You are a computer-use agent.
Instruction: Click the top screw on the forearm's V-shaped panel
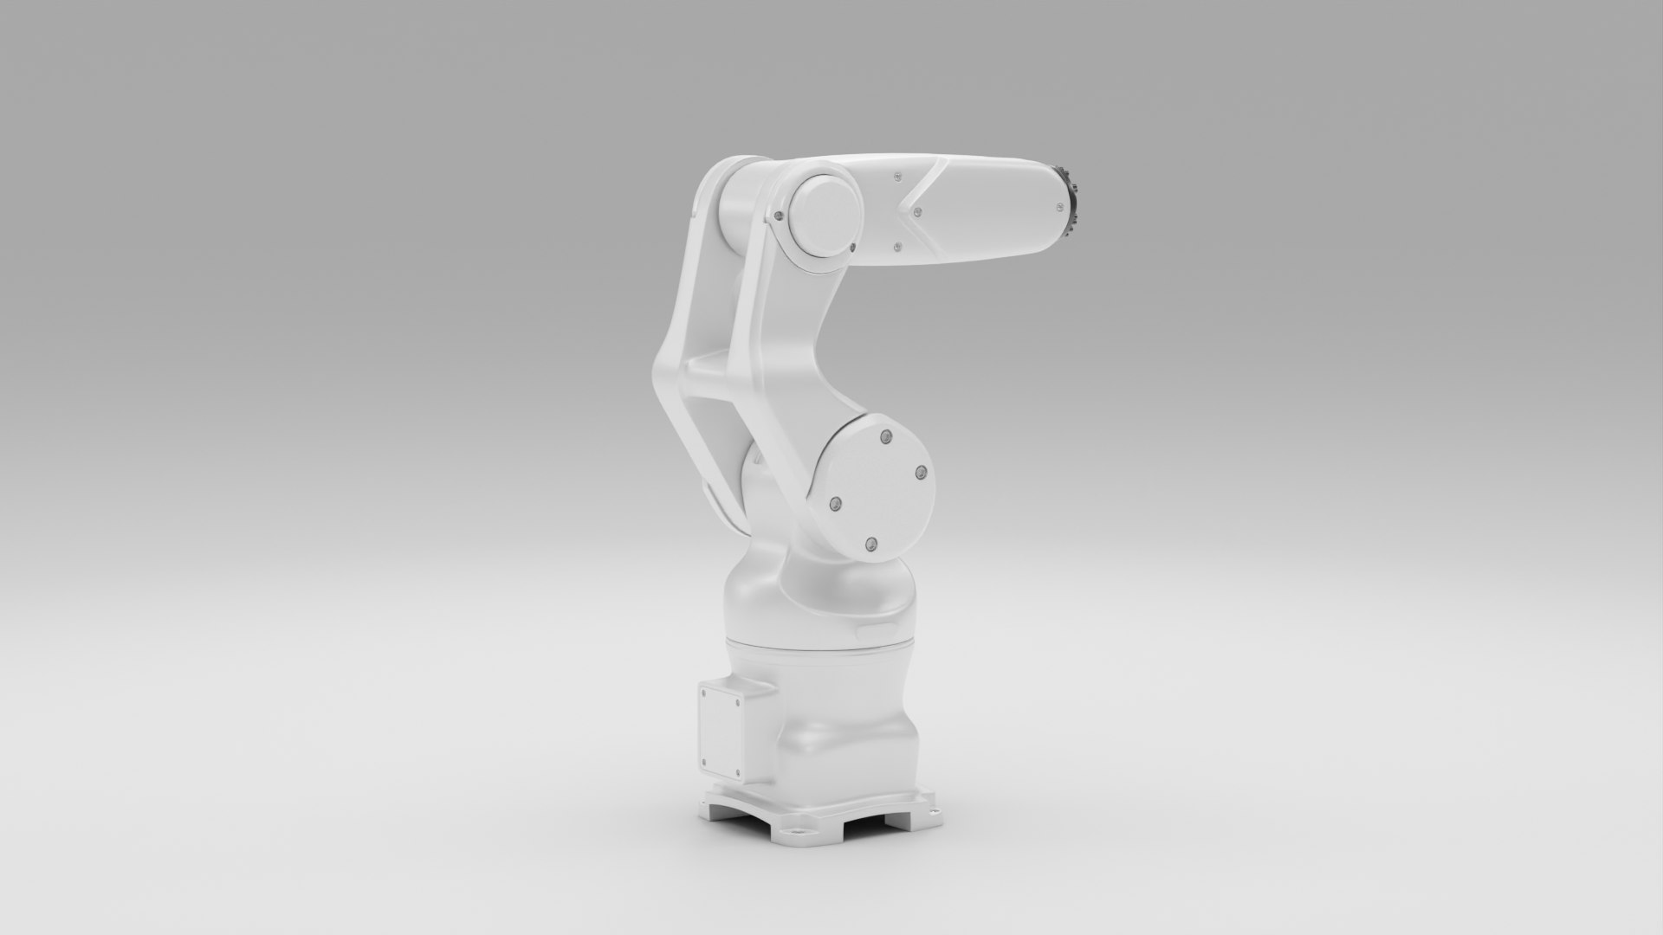tap(897, 175)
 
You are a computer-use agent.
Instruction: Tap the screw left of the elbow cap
tap(780, 216)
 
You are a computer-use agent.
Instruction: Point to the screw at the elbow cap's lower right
tap(853, 248)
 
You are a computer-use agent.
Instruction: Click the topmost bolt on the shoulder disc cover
tap(883, 439)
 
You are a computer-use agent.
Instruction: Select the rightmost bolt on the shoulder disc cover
tap(921, 473)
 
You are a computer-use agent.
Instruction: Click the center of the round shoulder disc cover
tap(877, 490)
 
